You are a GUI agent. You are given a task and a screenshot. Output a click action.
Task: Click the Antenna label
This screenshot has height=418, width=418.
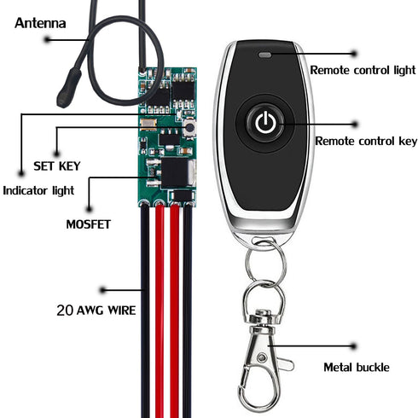pyautogui.click(x=40, y=23)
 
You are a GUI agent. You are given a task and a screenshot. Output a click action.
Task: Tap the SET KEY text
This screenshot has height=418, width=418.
pyautogui.click(x=57, y=166)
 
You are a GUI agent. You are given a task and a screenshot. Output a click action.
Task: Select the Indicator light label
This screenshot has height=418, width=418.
pyautogui.click(x=38, y=190)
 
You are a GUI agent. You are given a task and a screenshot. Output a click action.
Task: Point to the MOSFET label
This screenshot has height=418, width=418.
pyautogui.click(x=88, y=224)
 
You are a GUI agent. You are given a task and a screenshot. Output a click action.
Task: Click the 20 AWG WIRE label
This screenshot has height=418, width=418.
pyautogui.click(x=96, y=311)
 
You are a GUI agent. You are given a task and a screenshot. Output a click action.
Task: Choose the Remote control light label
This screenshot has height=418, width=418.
pyautogui.click(x=363, y=70)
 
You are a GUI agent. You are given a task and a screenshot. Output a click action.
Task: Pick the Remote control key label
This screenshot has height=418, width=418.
pyautogui.click(x=366, y=141)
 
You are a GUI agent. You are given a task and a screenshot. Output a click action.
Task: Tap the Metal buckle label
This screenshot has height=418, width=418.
pyautogui.click(x=357, y=367)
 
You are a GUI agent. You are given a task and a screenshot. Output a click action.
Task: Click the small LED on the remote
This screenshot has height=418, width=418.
pyautogui.click(x=264, y=55)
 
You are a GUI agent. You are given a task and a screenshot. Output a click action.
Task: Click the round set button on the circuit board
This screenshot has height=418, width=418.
pyautogui.click(x=189, y=128)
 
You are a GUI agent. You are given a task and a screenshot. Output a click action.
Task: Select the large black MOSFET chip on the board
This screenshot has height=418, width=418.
pyautogui.click(x=174, y=173)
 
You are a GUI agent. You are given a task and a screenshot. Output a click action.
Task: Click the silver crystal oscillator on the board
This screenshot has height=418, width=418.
pyautogui.click(x=148, y=123)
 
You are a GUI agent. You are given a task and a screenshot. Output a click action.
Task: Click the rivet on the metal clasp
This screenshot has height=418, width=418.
pyautogui.click(x=261, y=357)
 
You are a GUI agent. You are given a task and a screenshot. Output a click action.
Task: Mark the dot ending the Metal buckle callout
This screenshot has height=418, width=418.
pyautogui.click(x=353, y=346)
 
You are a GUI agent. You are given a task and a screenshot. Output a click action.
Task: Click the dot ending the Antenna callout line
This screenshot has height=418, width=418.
pyautogui.click(x=47, y=39)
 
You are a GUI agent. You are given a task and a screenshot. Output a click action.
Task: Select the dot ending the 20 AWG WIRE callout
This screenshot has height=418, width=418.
pyautogui.click(x=102, y=290)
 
